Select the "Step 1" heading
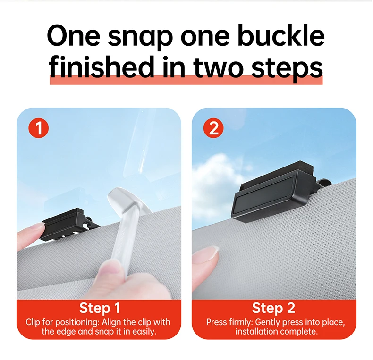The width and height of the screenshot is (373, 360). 100,308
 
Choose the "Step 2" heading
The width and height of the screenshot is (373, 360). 273,308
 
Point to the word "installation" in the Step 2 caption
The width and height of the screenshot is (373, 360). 258,332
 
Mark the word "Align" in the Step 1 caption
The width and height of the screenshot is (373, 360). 112,322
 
